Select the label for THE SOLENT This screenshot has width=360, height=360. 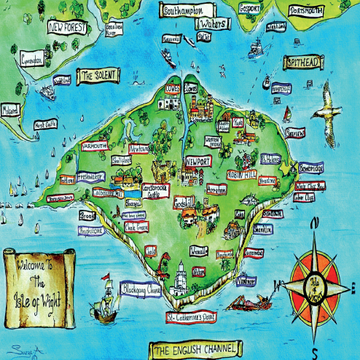coord(99,76)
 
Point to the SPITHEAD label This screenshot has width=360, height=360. coord(303,63)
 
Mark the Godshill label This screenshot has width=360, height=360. coord(184,201)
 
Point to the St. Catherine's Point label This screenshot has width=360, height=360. coord(192,318)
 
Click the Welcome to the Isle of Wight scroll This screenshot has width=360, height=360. coord(42,281)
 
